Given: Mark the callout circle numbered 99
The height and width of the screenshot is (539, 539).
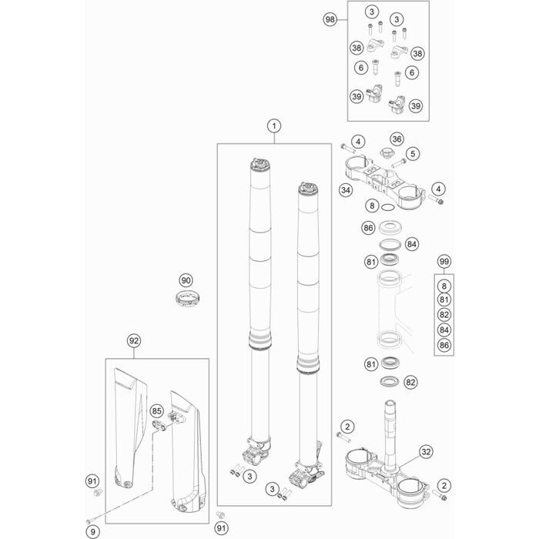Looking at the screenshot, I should click(443, 261).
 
